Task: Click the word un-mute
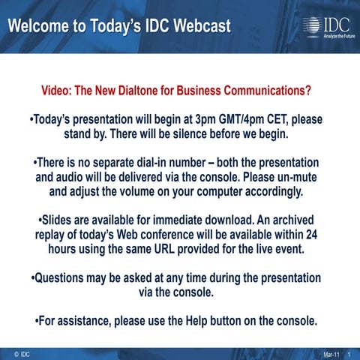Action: tap(295, 178)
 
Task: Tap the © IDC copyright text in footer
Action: tap(22, 352)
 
